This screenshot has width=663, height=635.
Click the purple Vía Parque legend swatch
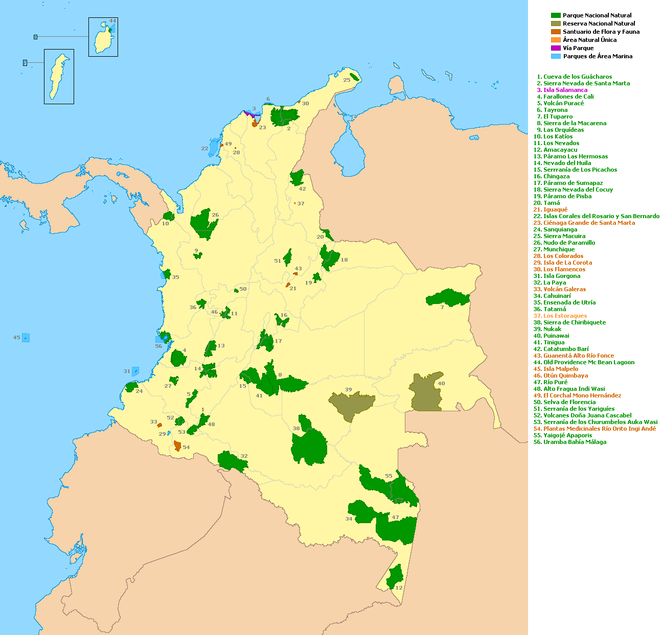(x=556, y=48)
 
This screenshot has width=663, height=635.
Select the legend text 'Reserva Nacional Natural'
(x=599, y=23)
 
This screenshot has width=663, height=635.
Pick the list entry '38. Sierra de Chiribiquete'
(x=571, y=322)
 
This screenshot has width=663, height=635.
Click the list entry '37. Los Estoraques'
(x=561, y=316)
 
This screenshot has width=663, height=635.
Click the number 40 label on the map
(x=441, y=383)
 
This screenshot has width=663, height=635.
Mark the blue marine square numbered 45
(x=26, y=337)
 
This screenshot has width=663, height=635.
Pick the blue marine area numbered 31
(x=135, y=371)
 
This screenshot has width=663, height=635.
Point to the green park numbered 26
(x=204, y=224)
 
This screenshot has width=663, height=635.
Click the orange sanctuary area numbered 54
(x=177, y=445)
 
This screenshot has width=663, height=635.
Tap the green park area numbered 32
(x=232, y=461)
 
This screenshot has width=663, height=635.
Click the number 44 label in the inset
(x=112, y=21)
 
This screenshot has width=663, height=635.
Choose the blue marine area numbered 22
(x=214, y=147)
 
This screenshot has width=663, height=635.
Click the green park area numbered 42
(x=296, y=178)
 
